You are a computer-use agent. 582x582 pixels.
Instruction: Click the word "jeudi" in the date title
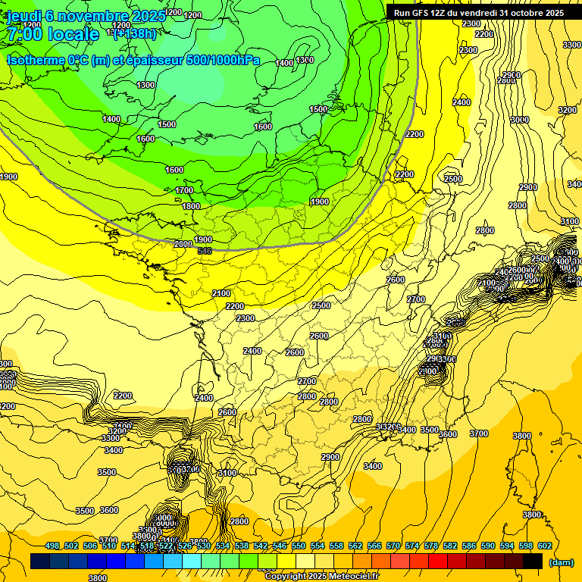pyautogui.click(x=24, y=15)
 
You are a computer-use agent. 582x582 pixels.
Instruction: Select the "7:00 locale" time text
pyautogui.click(x=53, y=34)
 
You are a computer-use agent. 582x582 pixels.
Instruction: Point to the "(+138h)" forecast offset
pyautogui.click(x=135, y=33)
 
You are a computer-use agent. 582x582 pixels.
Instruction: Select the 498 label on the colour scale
pyautogui.click(x=52, y=546)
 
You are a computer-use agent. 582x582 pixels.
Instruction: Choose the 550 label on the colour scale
pyautogui.click(x=299, y=546)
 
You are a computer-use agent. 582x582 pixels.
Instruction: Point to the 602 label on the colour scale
pyautogui.click(x=545, y=546)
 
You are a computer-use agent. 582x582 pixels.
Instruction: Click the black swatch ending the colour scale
pyautogui.click(x=533, y=561)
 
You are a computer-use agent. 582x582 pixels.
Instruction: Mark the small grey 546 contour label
pyautogui.click(x=204, y=250)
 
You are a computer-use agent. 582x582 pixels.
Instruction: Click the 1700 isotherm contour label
pyautogui.click(x=184, y=190)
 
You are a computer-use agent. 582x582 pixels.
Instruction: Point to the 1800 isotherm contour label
pyautogui.click(x=191, y=206)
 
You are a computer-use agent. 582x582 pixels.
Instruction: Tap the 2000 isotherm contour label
pyautogui.click(x=183, y=244)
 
